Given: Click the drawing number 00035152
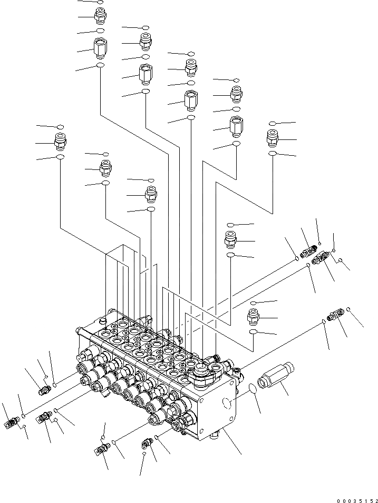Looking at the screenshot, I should point(354,495).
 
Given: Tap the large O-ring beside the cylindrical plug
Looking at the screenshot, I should point(253,390).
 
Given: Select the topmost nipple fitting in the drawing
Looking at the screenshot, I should point(100,17).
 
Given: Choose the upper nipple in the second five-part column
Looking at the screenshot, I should point(146,41).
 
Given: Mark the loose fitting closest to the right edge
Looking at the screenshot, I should point(334,316).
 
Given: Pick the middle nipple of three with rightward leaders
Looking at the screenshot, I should point(231,239).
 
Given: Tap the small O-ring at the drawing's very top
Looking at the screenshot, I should point(100,2).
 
